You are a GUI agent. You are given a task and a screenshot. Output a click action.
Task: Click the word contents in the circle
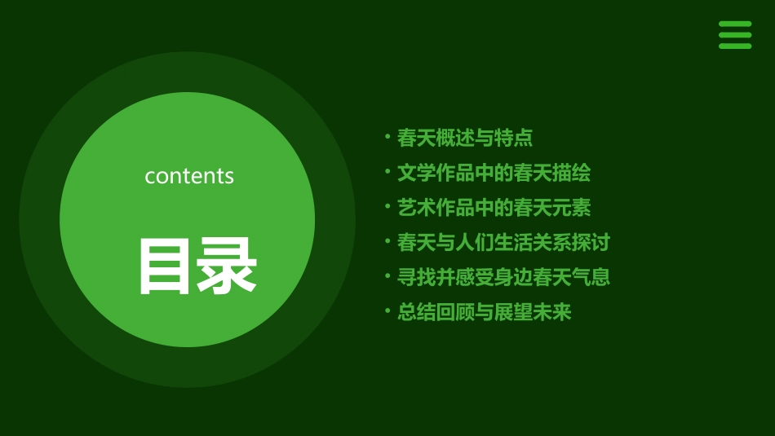[x=189, y=176]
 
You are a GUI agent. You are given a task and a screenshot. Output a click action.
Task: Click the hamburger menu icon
[x=734, y=35]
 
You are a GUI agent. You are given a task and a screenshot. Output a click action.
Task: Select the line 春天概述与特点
[x=464, y=138]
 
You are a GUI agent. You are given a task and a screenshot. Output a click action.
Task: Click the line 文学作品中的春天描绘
[x=494, y=173]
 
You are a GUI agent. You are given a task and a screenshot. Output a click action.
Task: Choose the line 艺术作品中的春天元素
[x=494, y=208]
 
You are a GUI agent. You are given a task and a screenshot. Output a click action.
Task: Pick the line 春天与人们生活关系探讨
[x=503, y=242]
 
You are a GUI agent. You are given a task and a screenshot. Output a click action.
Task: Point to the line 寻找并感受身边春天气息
[x=503, y=277]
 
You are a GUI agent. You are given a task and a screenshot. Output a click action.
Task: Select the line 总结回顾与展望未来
[x=484, y=312]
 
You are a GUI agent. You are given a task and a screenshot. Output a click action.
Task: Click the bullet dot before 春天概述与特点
[x=387, y=137]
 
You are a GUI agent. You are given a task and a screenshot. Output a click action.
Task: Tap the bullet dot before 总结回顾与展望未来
[x=387, y=311]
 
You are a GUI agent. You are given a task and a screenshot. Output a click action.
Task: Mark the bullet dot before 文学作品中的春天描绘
[x=387, y=172]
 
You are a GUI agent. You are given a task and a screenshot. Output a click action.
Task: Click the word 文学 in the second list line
[x=417, y=173]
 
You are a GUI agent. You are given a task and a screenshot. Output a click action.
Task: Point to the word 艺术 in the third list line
[x=417, y=208]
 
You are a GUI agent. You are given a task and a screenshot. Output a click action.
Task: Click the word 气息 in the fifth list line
[x=591, y=277]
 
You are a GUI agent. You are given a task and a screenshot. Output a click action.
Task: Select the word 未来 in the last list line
[x=552, y=312]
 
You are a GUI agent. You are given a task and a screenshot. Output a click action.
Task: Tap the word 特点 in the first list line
[x=513, y=138]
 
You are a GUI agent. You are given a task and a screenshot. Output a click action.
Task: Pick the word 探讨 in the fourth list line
[x=591, y=242]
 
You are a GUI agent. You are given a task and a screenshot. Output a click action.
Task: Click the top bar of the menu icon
[x=734, y=24]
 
